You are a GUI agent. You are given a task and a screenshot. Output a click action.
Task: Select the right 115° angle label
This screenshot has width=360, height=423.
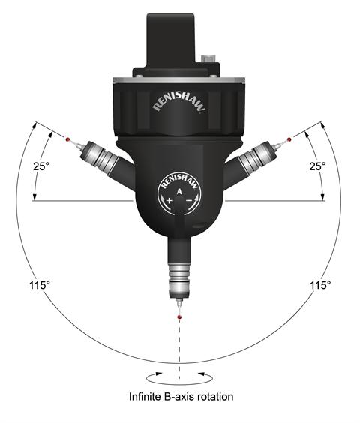point(320,285)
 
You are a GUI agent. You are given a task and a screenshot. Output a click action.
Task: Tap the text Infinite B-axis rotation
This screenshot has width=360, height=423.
point(180,395)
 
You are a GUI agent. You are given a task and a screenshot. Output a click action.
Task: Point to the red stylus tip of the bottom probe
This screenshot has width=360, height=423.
point(179,318)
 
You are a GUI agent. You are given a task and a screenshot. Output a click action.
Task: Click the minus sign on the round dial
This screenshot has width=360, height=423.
point(191,202)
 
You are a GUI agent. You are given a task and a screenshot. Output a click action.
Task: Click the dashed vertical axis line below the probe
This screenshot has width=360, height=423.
point(180,345)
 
